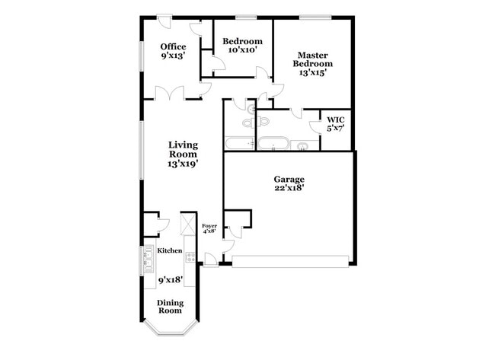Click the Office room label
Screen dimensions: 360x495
(173, 47)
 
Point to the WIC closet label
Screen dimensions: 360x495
(336, 119)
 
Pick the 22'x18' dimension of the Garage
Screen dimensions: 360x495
(289, 188)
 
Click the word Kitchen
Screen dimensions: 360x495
(169, 250)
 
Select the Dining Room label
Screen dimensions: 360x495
(170, 306)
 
